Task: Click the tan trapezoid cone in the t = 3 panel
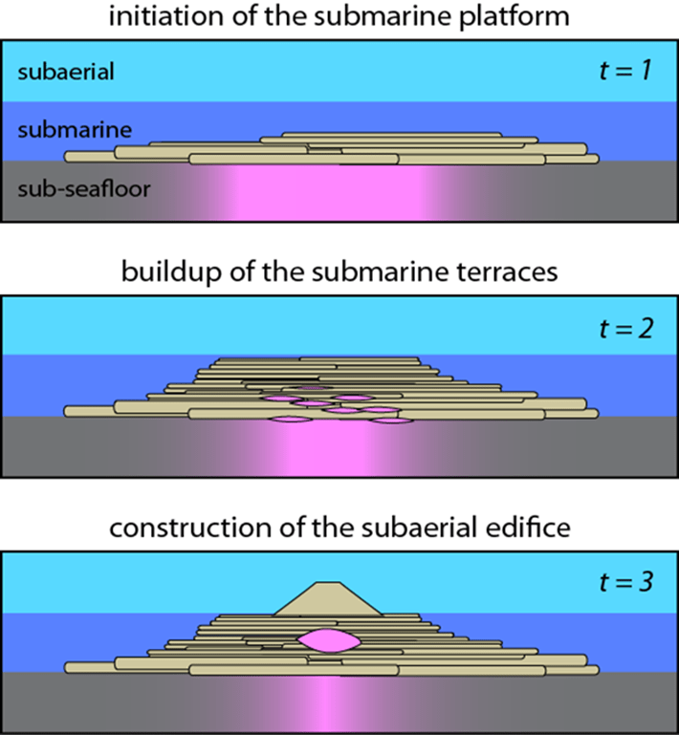tap(328, 598)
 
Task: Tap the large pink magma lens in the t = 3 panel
tap(328, 639)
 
